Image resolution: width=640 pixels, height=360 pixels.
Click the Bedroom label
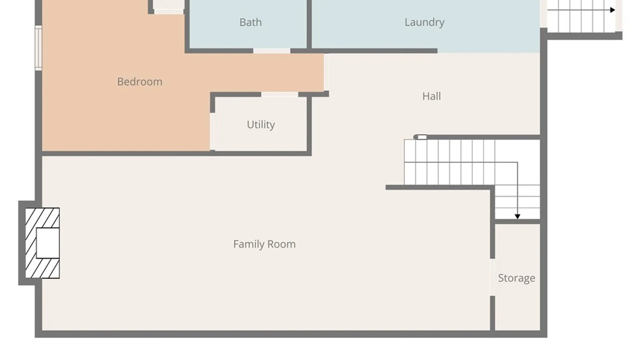point(140,82)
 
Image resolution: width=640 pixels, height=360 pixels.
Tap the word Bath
point(251,22)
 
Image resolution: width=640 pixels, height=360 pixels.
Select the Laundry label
point(424,22)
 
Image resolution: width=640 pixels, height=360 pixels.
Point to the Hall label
point(432,96)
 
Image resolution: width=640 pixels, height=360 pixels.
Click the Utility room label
point(261,125)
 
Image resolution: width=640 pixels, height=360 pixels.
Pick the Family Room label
point(264,244)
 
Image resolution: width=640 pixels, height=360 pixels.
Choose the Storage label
point(517,278)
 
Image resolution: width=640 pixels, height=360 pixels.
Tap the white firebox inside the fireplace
point(48,243)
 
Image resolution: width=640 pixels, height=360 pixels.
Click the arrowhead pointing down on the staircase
point(517,217)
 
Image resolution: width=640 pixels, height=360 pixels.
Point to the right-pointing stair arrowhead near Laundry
point(613,10)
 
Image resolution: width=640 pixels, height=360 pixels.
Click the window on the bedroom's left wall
point(39,48)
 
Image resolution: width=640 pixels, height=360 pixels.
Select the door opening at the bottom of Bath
point(272,51)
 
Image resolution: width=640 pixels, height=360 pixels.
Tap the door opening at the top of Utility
point(280,95)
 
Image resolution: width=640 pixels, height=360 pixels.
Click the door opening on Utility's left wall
point(212,131)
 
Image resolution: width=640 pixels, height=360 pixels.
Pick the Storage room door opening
point(492,277)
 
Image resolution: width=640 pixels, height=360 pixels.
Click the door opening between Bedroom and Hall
point(326,72)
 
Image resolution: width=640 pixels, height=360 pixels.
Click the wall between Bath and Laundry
point(309,25)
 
